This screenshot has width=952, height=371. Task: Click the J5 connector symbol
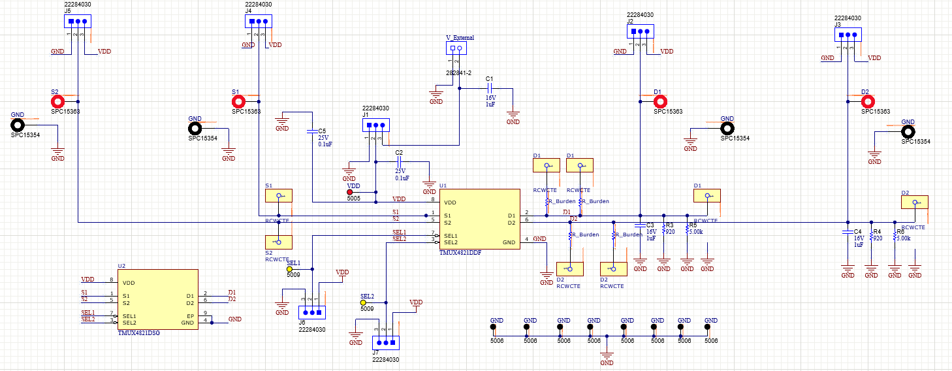click(x=77, y=21)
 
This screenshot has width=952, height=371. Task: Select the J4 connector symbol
click(x=259, y=21)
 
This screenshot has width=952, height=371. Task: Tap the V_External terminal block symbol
click(x=456, y=48)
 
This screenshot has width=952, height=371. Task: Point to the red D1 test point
click(x=661, y=101)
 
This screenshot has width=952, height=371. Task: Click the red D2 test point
click(x=868, y=101)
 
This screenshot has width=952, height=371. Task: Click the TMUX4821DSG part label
click(x=138, y=332)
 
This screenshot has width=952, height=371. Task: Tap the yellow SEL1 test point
click(x=290, y=268)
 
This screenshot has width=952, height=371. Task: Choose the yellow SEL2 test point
click(x=364, y=302)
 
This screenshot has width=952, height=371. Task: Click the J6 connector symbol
click(x=311, y=314)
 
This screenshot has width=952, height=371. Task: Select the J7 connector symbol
click(x=385, y=342)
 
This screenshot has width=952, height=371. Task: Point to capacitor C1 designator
click(x=488, y=78)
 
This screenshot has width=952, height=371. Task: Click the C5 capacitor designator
click(x=322, y=131)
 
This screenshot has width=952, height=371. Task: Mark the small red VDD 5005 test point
click(x=350, y=192)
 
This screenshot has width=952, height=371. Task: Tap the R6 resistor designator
click(x=900, y=232)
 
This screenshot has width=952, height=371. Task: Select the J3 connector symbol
click(x=848, y=35)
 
